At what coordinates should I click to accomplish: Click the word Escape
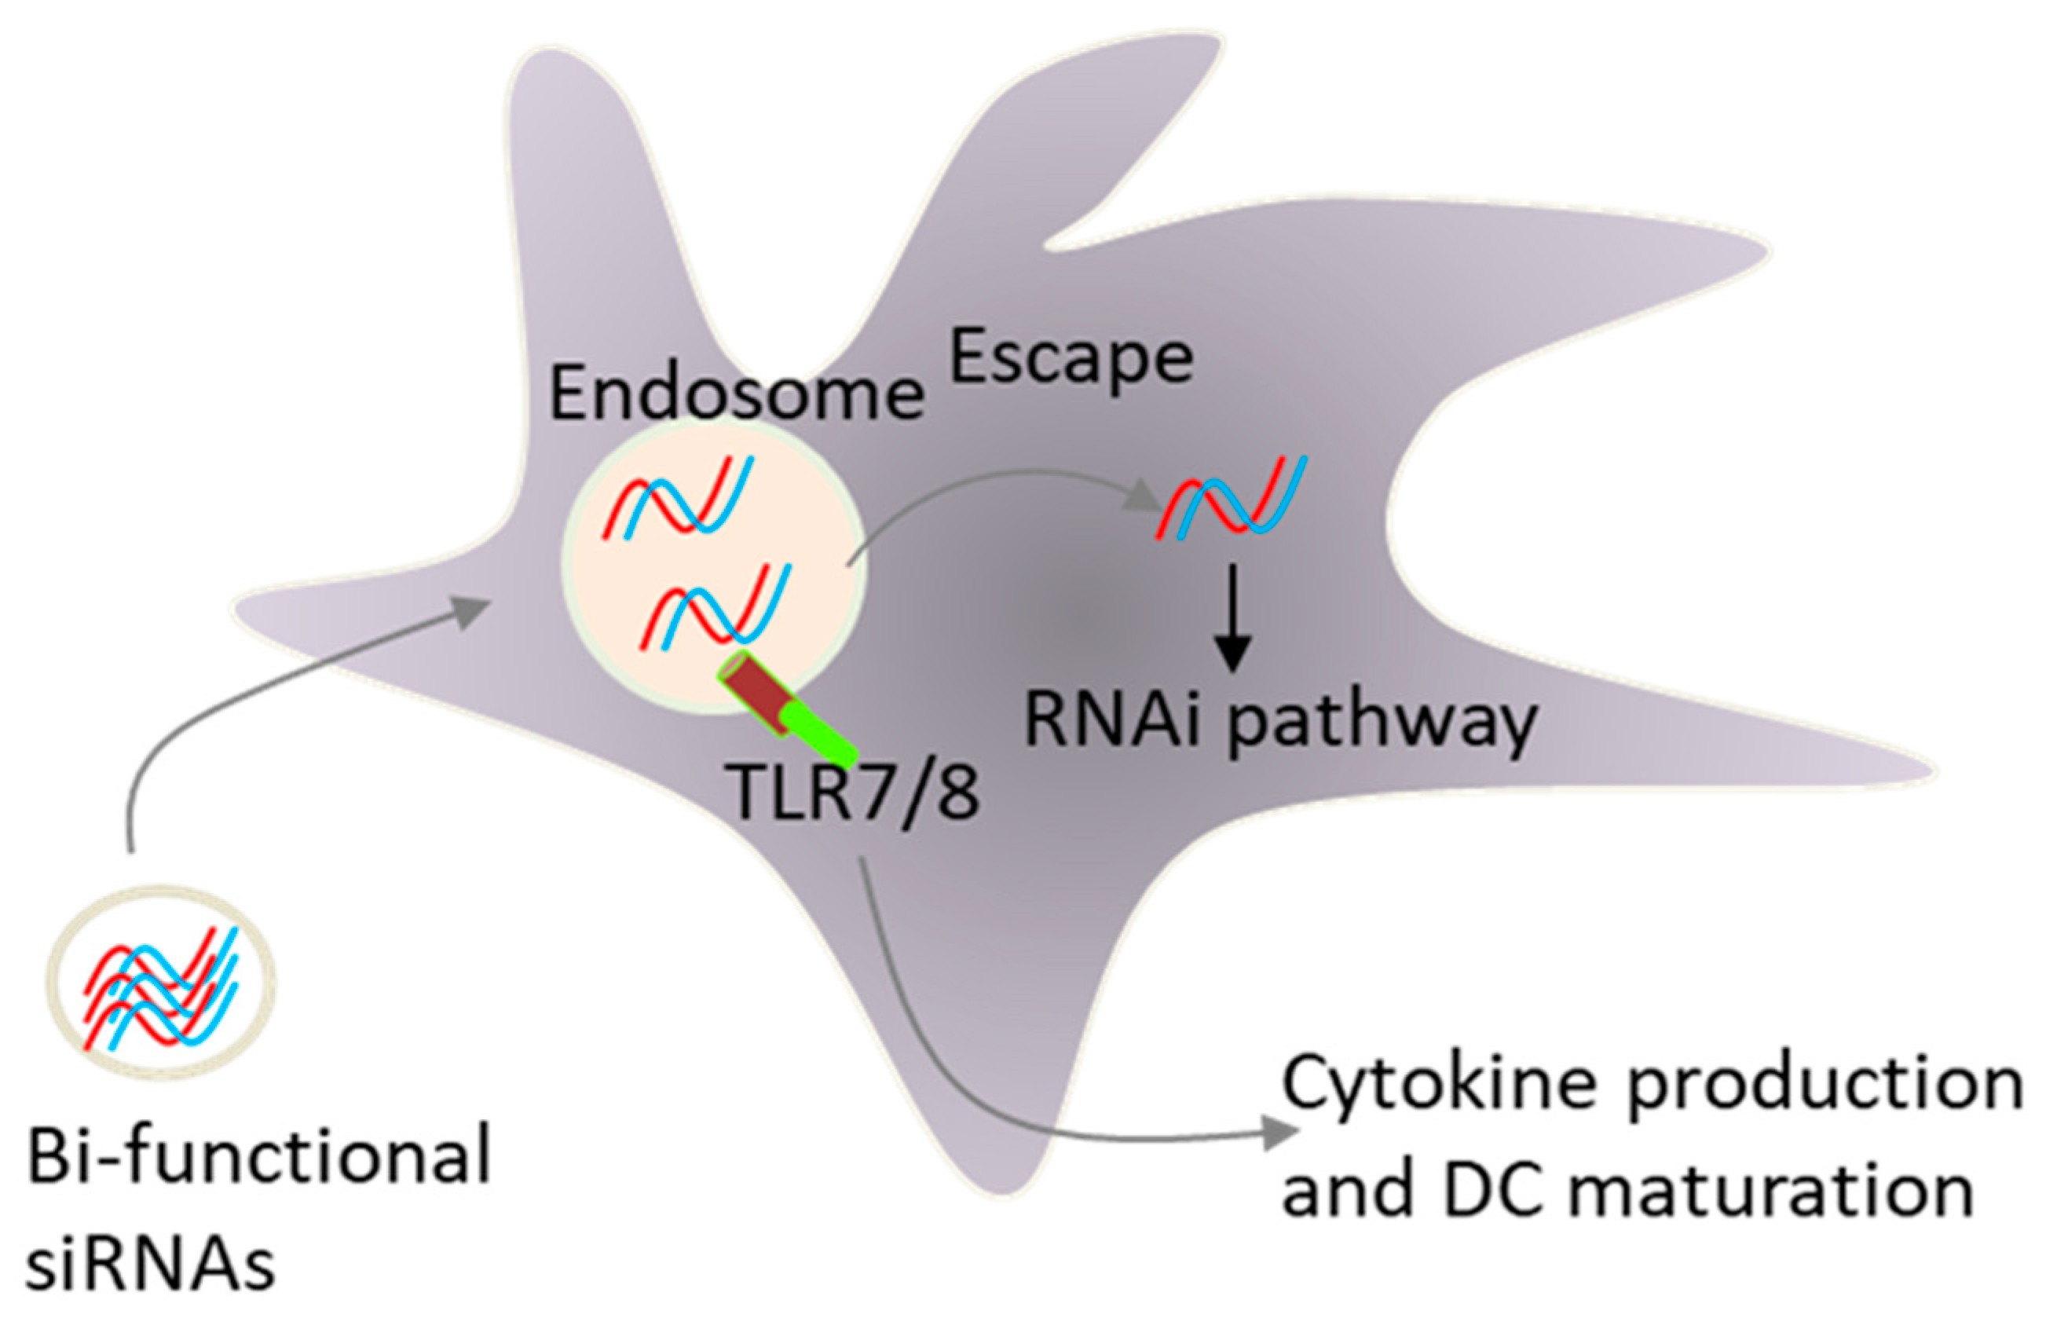[x=1071, y=360]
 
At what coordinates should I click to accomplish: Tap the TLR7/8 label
[x=854, y=793]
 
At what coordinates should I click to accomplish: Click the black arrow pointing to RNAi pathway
[x=1232, y=617]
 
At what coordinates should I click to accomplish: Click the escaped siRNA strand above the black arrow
[x=1232, y=496]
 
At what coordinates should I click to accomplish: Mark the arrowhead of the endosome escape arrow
[x=1141, y=495]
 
